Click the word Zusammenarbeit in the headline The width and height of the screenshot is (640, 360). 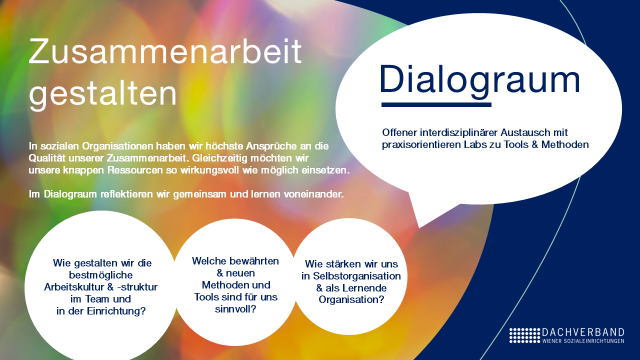[x=165, y=51]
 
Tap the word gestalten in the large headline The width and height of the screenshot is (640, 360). [x=103, y=94]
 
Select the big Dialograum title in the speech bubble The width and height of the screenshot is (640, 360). [x=480, y=79]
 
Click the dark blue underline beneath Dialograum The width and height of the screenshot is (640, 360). [x=436, y=105]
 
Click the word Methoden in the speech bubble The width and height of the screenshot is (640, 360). [x=565, y=144]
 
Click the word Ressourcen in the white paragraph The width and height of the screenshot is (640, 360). [x=135, y=170]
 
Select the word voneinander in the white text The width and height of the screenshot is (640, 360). [x=313, y=194]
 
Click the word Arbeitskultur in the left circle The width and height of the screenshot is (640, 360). [x=74, y=287]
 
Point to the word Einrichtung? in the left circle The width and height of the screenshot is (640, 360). [x=116, y=311]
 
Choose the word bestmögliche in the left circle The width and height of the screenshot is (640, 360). [x=101, y=275]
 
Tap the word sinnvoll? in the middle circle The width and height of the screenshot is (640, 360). [x=235, y=309]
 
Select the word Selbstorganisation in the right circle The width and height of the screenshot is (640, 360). [x=357, y=276]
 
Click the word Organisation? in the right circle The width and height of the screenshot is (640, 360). [x=351, y=299]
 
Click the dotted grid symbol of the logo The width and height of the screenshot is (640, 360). [x=525, y=335]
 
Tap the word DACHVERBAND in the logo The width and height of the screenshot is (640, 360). [x=583, y=332]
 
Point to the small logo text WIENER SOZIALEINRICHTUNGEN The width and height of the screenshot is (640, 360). [x=583, y=341]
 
